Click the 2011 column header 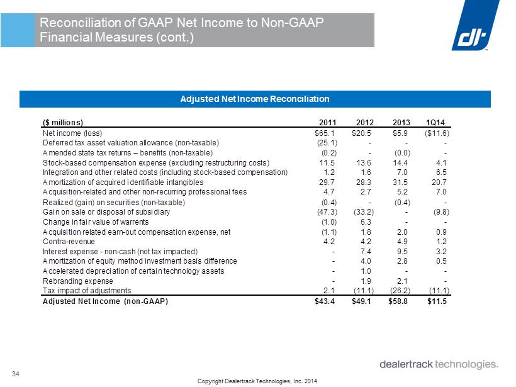click(x=328, y=123)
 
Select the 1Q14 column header click(x=435, y=123)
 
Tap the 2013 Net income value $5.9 click(x=400, y=133)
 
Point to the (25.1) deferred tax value click(x=327, y=143)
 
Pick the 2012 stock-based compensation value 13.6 click(x=364, y=162)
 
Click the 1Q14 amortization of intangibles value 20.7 click(x=439, y=182)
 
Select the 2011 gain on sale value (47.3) click(x=327, y=212)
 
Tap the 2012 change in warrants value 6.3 click(x=366, y=222)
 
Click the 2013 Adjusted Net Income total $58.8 click(x=398, y=301)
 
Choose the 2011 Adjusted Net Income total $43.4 click(x=325, y=301)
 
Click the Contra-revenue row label click(x=69, y=242)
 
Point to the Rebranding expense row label click(x=78, y=281)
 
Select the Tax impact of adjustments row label click(x=87, y=291)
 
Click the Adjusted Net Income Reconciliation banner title click(x=255, y=99)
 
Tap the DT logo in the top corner click(x=475, y=25)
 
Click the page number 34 click(x=16, y=374)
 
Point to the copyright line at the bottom click(x=257, y=381)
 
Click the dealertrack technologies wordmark click(x=439, y=364)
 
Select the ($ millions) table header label click(x=63, y=123)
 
